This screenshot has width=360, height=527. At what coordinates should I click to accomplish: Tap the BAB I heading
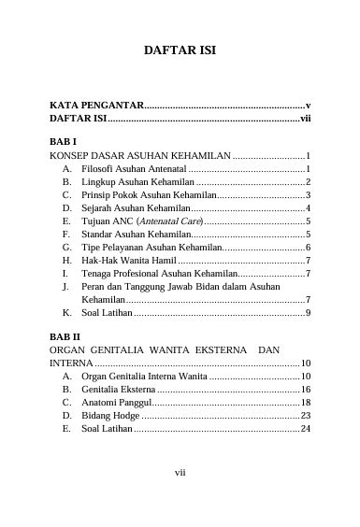pyautogui.click(x=63, y=138)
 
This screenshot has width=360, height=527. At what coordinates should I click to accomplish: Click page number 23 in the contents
pyautogui.click(x=305, y=415)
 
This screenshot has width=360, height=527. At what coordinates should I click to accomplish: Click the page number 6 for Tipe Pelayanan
pyautogui.click(x=308, y=247)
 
